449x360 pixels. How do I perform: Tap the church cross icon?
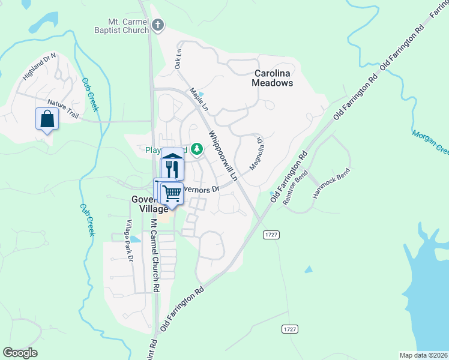click(158, 25)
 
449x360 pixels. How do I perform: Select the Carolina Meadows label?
click(273, 78)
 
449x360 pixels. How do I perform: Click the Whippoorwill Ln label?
click(223, 155)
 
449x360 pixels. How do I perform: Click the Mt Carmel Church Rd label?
click(154, 255)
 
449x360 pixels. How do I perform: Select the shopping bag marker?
click(47, 119)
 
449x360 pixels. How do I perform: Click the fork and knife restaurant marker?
click(172, 167)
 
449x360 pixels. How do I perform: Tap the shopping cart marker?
click(172, 193)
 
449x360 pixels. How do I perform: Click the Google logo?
click(20, 353)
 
